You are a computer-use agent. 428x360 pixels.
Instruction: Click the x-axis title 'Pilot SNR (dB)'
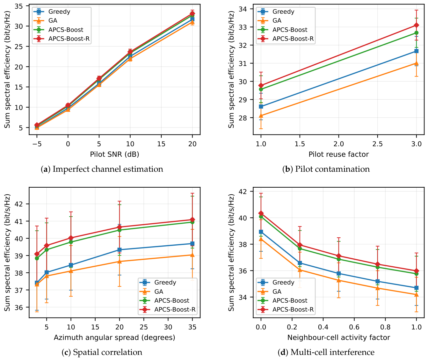pyautogui.click(x=114, y=154)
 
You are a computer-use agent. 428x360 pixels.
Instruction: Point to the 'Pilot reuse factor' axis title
pyautogui.click(x=339, y=154)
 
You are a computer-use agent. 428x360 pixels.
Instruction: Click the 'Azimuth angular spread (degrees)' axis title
pyautogui.click(x=114, y=337)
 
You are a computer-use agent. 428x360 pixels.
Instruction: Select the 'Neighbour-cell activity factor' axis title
pyautogui.click(x=339, y=337)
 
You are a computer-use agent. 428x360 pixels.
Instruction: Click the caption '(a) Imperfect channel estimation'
pyautogui.click(x=102, y=169)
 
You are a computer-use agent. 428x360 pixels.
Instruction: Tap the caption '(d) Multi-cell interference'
pyautogui.click(x=326, y=352)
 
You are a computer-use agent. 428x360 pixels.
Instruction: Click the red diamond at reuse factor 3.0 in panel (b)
pyautogui.click(x=416, y=25)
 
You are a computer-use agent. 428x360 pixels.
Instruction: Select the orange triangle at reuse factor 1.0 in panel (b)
pyautogui.click(x=261, y=116)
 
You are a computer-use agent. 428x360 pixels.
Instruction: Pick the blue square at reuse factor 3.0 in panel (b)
pyautogui.click(x=416, y=51)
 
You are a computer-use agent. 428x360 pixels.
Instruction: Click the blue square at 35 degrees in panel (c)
pyautogui.click(x=192, y=244)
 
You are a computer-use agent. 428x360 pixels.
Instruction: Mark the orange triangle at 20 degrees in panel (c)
pyautogui.click(x=119, y=261)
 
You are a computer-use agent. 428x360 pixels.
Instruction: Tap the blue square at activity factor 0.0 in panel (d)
pyautogui.click(x=261, y=232)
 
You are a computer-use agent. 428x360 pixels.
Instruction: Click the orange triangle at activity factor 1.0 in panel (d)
pyautogui.click(x=416, y=294)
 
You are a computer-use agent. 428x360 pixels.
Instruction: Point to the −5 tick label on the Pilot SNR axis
pyautogui.click(x=37, y=144)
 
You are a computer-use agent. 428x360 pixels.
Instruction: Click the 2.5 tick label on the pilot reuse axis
pyautogui.click(x=378, y=144)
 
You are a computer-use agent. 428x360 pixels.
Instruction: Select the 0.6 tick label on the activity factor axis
pyautogui.click(x=354, y=327)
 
